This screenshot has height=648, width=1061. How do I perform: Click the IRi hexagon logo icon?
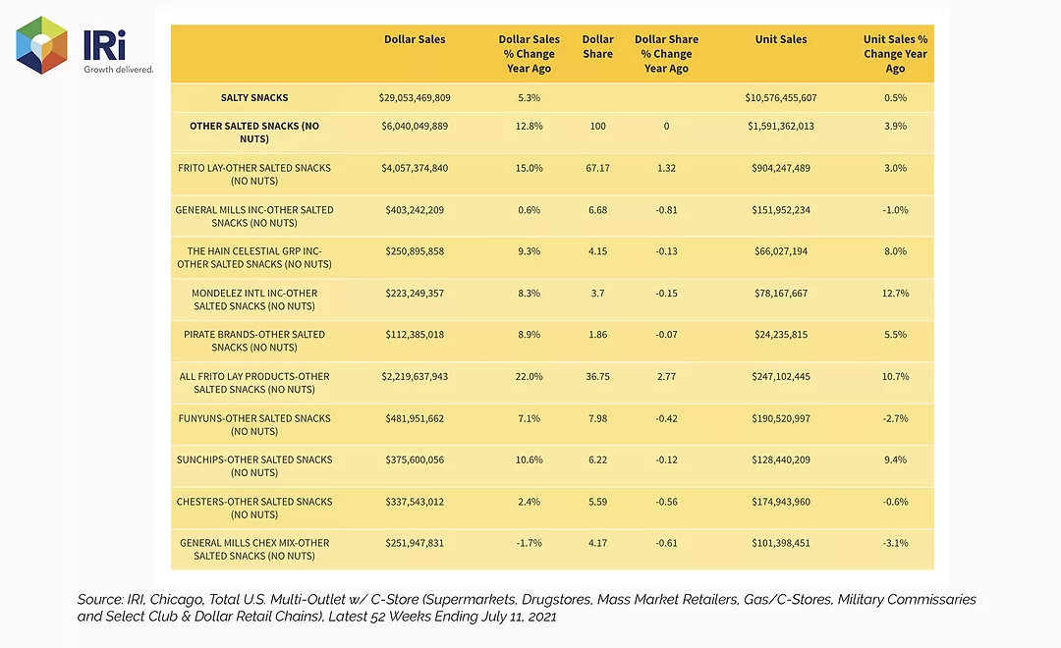click(x=41, y=44)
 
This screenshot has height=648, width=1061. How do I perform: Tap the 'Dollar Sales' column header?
click(x=415, y=39)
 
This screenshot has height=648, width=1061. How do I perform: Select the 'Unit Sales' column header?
click(x=781, y=39)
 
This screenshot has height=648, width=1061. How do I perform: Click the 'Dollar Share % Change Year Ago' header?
click(x=666, y=53)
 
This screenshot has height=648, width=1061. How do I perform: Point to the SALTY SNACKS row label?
click(x=254, y=97)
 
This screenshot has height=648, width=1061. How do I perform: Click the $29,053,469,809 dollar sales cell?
click(x=415, y=97)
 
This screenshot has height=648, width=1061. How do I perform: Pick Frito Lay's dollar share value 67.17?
click(x=597, y=168)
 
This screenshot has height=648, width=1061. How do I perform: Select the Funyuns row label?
click(x=254, y=425)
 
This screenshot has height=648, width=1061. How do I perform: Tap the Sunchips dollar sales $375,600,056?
click(x=415, y=459)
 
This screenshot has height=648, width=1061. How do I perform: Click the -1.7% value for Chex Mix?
click(x=530, y=543)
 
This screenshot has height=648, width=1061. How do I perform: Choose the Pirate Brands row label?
click(x=254, y=341)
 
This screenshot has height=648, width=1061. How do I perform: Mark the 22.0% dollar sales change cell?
click(x=530, y=376)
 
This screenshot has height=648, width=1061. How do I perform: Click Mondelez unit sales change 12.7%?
click(x=895, y=293)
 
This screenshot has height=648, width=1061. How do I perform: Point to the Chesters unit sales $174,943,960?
click(x=781, y=502)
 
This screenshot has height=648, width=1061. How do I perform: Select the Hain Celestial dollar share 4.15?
click(x=597, y=251)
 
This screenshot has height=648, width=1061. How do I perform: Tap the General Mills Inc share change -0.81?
click(x=666, y=210)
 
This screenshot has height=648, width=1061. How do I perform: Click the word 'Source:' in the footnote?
click(x=99, y=599)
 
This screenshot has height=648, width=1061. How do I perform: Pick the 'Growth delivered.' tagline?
click(x=119, y=69)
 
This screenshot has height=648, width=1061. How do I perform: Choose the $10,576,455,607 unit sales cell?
click(x=781, y=97)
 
